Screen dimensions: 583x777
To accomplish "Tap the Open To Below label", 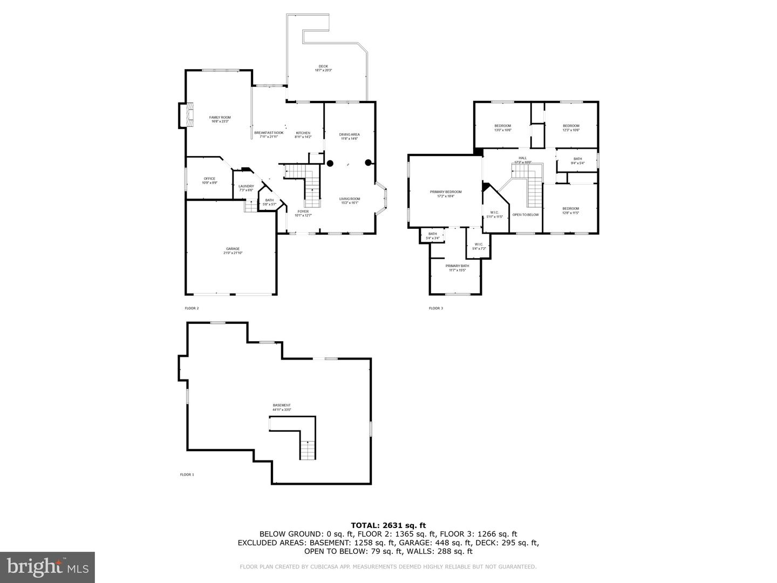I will [x=526, y=215].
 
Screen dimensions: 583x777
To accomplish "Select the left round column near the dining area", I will [x=330, y=162].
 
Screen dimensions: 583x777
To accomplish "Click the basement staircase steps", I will [x=308, y=450].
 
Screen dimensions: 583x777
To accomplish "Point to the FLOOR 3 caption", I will [x=436, y=308].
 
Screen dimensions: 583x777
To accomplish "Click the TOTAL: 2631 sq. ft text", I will [x=388, y=525].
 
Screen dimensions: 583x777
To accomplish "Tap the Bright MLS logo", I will [x=47, y=567].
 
